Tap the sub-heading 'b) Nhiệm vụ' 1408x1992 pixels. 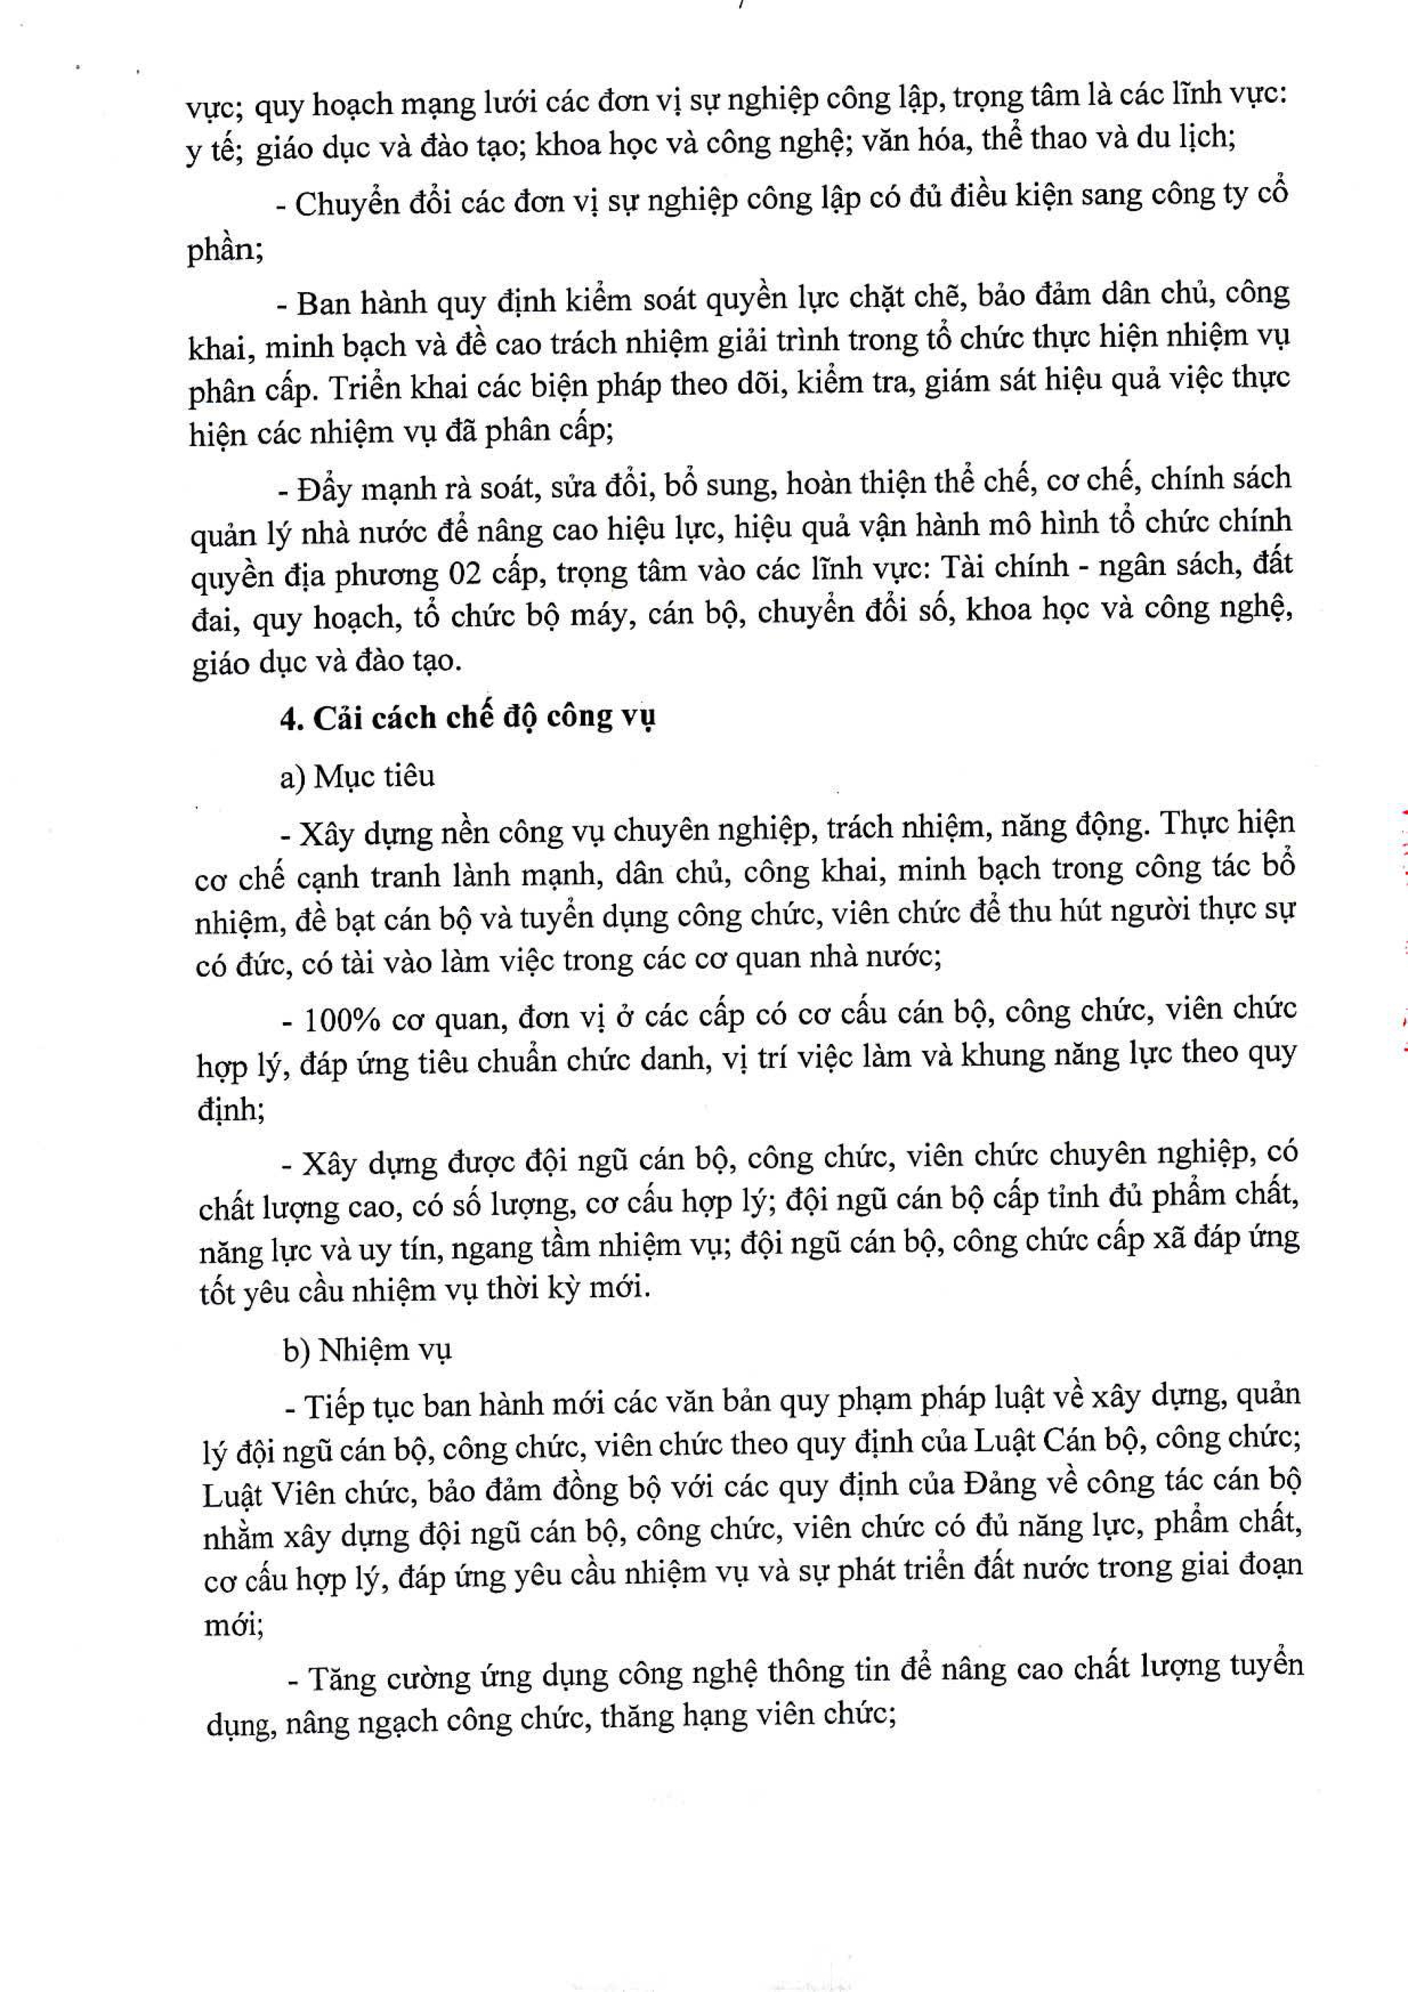click(x=367, y=1350)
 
